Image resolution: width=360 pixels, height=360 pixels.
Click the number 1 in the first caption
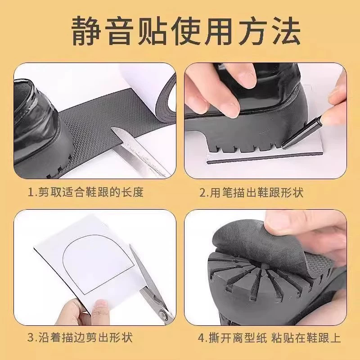31,193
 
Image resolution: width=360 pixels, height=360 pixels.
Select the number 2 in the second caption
203,193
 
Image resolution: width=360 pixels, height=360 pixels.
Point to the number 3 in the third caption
31,337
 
